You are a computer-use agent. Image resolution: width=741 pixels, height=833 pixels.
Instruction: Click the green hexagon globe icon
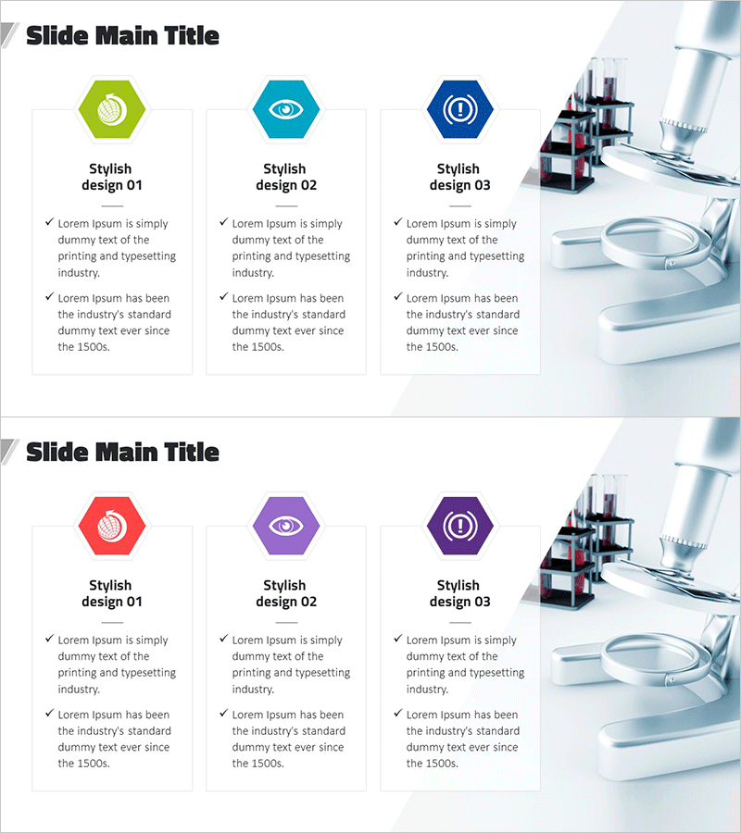point(112,109)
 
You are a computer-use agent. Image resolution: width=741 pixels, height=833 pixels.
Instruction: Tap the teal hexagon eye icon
point(286,109)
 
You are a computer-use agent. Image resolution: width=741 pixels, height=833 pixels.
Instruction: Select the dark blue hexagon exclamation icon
point(460,109)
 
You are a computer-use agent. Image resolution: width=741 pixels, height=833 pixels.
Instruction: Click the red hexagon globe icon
point(112,526)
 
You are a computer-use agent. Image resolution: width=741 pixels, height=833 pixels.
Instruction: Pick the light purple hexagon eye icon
point(286,526)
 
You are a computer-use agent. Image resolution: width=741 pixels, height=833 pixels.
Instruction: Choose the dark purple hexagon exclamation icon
point(460,526)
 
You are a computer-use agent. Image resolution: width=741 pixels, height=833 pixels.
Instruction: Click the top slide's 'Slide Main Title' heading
point(123,36)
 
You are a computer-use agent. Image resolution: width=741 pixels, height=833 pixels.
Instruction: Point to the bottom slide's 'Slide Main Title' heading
point(123,453)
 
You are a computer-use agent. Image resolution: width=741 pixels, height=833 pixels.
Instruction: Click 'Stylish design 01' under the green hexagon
point(112,177)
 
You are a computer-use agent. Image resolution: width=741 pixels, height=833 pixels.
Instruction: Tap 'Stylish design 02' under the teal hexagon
point(286,177)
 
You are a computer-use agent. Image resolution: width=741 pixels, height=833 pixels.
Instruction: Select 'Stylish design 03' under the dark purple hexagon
point(460,593)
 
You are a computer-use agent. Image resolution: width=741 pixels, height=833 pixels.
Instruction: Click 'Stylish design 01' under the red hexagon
point(112,593)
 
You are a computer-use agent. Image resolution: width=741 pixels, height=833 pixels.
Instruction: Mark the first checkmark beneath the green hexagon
point(50,221)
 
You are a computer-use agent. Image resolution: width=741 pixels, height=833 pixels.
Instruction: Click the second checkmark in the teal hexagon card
point(224,296)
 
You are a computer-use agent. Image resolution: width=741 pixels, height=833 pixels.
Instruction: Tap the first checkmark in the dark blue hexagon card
point(398,221)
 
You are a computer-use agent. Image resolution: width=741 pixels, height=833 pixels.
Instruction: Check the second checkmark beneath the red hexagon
point(50,713)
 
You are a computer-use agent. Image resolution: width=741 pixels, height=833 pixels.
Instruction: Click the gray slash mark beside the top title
point(9,35)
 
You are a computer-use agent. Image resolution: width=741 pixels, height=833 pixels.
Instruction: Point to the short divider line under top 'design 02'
point(286,205)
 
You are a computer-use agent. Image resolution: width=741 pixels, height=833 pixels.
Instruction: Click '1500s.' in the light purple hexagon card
point(268,764)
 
